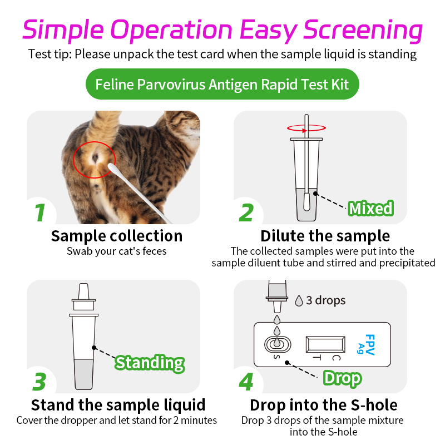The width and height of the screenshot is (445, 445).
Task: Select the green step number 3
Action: pos(39,382)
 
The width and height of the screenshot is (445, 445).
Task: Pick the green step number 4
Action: pos(246,382)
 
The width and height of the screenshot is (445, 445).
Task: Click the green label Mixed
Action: pos(370,209)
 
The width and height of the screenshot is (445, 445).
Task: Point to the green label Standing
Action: pos(150,363)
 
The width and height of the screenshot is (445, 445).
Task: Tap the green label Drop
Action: pos(342,378)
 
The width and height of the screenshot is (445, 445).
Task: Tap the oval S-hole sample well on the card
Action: pos(276,344)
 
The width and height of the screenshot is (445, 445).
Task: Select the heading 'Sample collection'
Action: pos(117,236)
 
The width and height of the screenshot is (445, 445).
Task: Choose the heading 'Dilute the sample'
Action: pos(325,236)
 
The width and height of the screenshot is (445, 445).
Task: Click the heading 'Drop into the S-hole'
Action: pos(323,404)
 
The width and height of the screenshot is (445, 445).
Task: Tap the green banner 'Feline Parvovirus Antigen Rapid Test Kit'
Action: pos(222,85)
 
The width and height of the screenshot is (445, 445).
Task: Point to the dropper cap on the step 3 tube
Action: pos(83,298)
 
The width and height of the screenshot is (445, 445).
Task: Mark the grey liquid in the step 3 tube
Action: pos(83,374)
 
